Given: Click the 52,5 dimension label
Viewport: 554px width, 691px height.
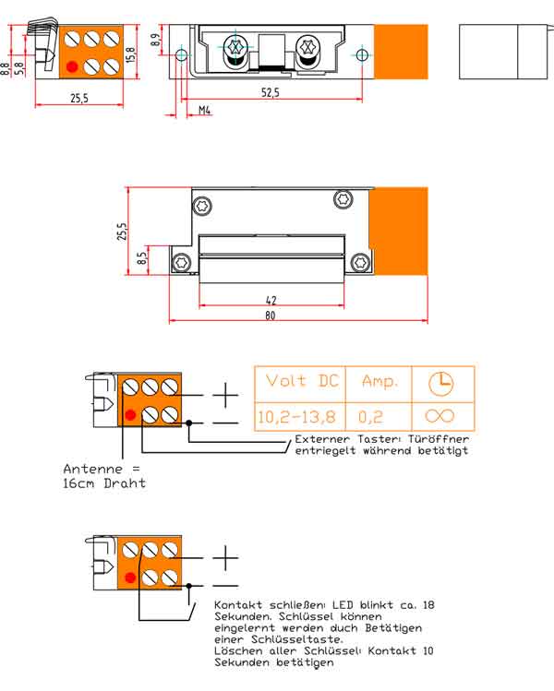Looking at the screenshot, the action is point(270,92).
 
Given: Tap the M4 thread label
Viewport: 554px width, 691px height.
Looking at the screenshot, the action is point(204,110).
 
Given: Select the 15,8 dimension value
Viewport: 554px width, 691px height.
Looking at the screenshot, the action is point(131,54).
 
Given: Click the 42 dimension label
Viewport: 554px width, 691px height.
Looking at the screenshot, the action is point(271,301).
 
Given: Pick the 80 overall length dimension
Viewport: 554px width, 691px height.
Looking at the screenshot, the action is point(270,316).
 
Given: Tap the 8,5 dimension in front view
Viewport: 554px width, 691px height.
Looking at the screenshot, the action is point(141,257).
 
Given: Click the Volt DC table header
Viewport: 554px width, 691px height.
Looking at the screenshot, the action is point(302,380).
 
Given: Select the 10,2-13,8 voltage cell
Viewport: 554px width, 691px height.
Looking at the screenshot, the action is point(296,416).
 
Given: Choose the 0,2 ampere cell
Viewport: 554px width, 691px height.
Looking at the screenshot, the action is point(370,416).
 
